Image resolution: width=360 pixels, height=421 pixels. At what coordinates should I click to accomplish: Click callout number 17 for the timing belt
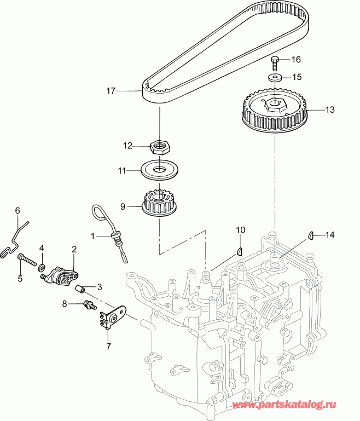click(111, 91)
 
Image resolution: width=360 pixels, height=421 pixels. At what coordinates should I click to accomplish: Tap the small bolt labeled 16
click(276, 60)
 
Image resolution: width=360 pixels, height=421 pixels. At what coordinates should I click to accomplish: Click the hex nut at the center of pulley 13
click(272, 105)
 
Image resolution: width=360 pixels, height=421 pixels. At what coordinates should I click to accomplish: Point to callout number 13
click(330, 109)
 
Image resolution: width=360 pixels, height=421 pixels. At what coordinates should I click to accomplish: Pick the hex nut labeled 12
click(159, 146)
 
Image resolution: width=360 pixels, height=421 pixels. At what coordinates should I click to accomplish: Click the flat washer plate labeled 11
click(159, 170)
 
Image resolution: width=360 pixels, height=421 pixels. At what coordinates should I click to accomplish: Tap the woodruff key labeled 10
click(239, 251)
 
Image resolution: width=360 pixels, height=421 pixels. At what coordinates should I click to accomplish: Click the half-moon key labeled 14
click(310, 236)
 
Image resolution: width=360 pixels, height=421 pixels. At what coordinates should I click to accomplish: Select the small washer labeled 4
click(42, 268)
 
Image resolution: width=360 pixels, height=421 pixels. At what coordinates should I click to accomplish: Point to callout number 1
click(94, 236)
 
